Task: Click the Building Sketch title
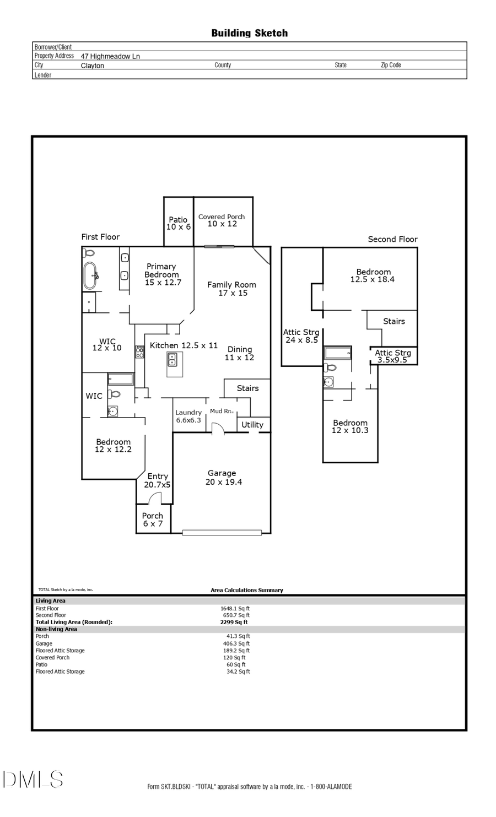point(249,33)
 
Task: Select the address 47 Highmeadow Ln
point(110,56)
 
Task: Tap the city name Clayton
point(92,66)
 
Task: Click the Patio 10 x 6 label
point(178,223)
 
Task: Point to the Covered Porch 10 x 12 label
point(222,220)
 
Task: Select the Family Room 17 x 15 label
point(231,289)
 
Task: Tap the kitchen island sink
point(172,360)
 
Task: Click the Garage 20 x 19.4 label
point(223,477)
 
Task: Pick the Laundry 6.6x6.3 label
point(188,416)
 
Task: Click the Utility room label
point(252,425)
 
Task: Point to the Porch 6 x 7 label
point(153,520)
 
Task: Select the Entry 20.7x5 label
point(158,480)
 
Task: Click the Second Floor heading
point(392,239)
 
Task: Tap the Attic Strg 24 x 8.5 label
point(301,336)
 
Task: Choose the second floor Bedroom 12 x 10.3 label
point(350,426)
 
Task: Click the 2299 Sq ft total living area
point(234,622)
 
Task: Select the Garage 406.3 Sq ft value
point(236,643)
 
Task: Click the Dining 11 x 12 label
point(240,353)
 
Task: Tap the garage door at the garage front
point(222,532)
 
